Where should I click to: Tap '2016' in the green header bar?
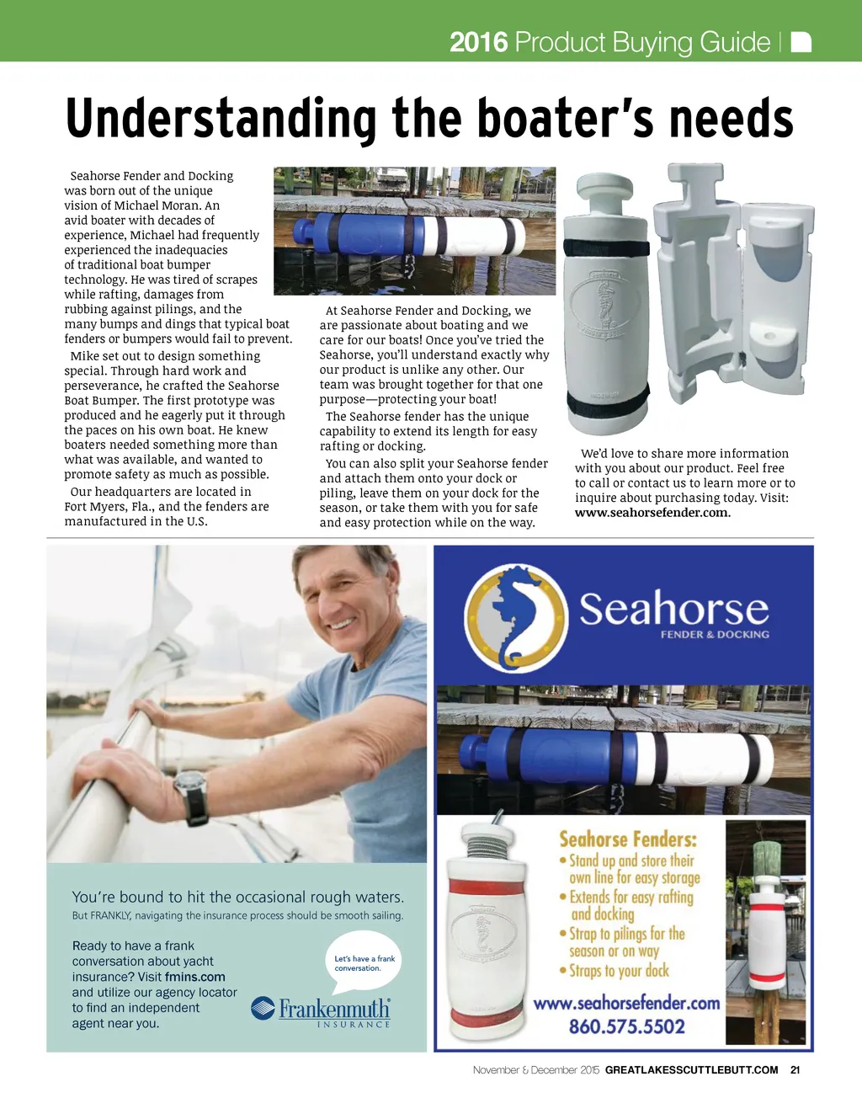pos(478,42)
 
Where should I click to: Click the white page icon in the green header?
pos(801,42)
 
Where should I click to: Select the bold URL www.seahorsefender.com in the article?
pos(652,513)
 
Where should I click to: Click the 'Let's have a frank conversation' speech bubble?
pos(364,963)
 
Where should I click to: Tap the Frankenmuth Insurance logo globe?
pos(263,1008)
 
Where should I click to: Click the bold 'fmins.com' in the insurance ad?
pos(195,977)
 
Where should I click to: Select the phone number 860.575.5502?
pos(626,1026)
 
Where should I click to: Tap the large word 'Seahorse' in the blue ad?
pos(673,608)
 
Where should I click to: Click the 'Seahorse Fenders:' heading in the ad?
pos(628,839)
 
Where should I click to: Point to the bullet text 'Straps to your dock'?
pos(619,971)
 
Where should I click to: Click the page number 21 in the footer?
pos(795,1070)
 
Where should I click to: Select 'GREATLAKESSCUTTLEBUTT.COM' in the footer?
pos(691,1070)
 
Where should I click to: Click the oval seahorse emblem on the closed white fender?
pos(600,306)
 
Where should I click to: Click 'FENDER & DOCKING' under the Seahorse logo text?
pos(714,634)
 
